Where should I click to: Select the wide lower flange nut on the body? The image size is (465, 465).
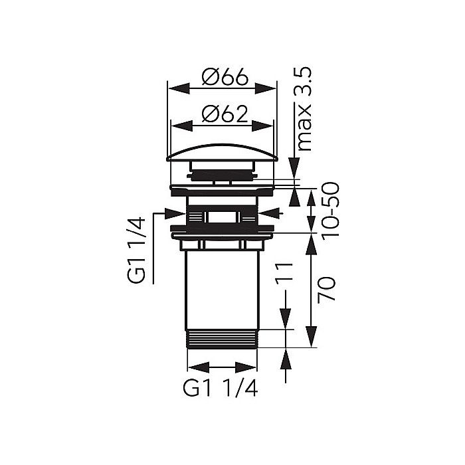tap(222, 231)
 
